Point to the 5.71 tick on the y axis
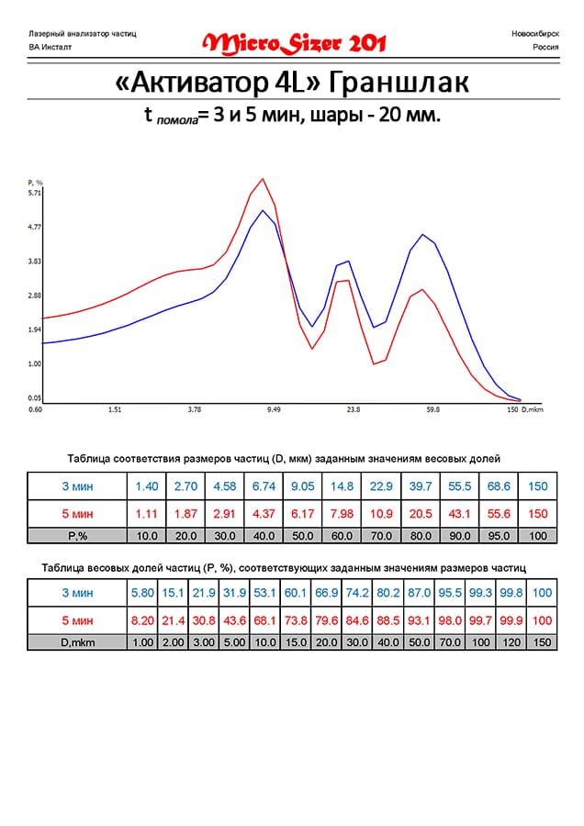tap(35, 193)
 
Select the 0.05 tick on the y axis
tap(35, 397)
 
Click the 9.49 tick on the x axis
tap(274, 410)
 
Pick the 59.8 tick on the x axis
tap(433, 410)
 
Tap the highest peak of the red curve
tap(264, 179)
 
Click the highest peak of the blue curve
tap(263, 210)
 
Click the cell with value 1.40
tap(147, 486)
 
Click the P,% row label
tap(77, 535)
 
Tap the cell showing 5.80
tap(143, 594)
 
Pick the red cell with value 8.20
tap(143, 620)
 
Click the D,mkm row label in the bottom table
tap(77, 642)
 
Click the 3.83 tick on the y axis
tap(35, 262)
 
